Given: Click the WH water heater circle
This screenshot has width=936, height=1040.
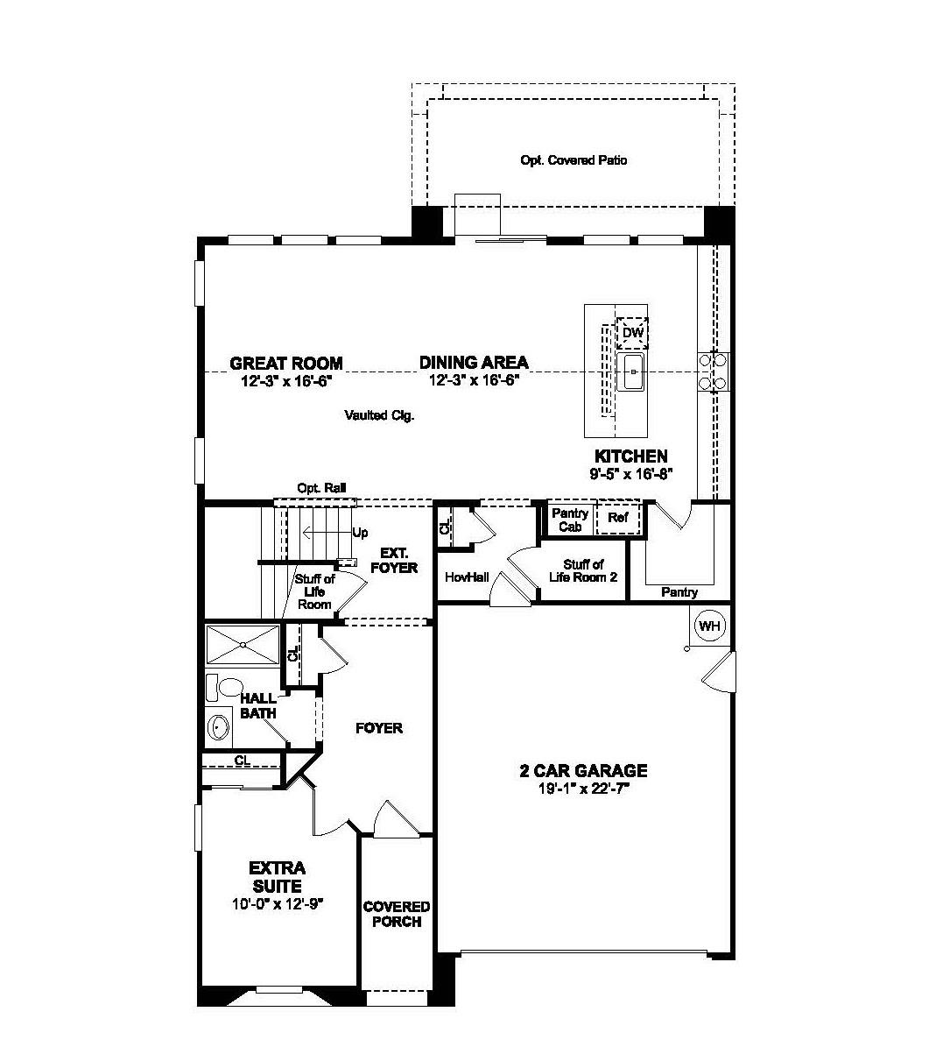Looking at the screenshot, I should click(x=708, y=626).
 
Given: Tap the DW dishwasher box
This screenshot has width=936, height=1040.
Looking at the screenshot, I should click(x=632, y=333).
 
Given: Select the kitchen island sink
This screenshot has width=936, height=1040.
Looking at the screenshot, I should click(x=630, y=372).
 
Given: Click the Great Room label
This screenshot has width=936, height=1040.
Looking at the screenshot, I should click(x=285, y=363).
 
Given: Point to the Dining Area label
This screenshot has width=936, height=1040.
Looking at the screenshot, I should click(x=474, y=363).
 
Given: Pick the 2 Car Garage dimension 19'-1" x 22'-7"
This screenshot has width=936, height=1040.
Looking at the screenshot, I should click(x=584, y=788).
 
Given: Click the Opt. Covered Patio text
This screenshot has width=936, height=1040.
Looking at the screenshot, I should click(x=574, y=160).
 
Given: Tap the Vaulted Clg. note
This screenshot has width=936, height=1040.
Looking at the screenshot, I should click(x=379, y=415).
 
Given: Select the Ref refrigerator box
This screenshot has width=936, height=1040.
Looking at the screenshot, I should click(x=618, y=518).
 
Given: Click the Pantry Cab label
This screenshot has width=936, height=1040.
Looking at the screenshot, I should click(x=570, y=520).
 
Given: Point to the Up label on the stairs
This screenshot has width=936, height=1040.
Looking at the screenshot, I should click(x=360, y=533).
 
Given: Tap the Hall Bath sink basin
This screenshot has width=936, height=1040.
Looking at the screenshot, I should click(x=217, y=727).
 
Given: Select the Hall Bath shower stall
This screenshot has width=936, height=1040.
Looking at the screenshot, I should click(x=242, y=645).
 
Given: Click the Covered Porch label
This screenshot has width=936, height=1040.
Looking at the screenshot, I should click(x=397, y=914).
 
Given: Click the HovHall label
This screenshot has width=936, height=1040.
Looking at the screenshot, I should click(x=466, y=577).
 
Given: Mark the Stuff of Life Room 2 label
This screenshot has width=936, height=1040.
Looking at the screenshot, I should click(x=583, y=570).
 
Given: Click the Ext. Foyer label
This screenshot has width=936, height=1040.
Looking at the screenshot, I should click(x=393, y=561).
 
